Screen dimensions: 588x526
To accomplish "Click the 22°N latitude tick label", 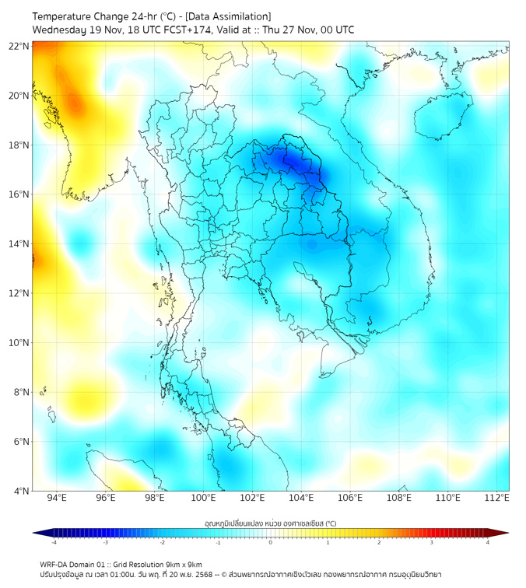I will pos(19,46).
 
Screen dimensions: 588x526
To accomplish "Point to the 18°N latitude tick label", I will pos(19,145).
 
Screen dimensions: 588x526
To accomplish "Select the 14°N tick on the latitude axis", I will pos(19,244).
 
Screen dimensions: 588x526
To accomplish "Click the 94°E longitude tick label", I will pos(57,498).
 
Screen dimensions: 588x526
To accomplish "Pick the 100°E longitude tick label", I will pos(203,498).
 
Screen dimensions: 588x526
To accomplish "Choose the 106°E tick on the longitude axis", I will pos(350,498).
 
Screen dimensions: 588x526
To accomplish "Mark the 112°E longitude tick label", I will pos(496,498).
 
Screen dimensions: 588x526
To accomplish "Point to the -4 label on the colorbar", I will pos(54,542).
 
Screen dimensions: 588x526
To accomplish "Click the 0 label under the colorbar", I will pos(271,542).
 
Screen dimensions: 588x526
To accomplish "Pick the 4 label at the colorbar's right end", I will pos(488,542).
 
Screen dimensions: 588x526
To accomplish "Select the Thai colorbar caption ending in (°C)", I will pos(270,523).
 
